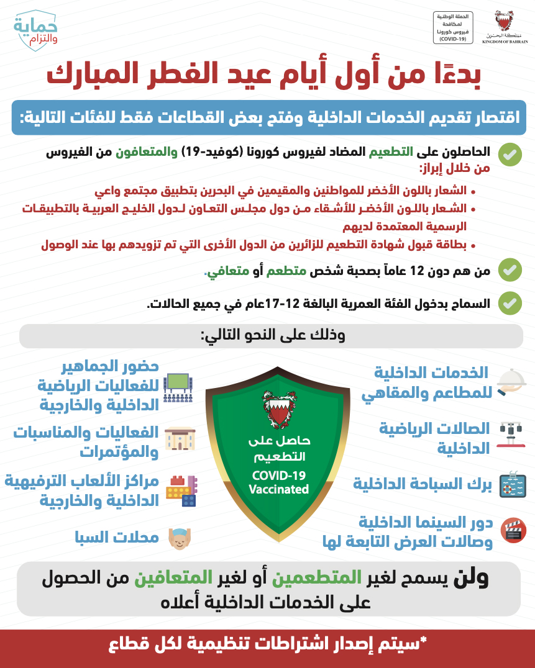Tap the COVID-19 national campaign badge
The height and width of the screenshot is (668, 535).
tap(453, 27)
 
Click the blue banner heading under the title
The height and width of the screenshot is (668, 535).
tap(269, 117)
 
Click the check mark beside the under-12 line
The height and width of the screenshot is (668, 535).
tap(510, 271)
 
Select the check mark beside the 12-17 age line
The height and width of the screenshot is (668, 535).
tap(510, 304)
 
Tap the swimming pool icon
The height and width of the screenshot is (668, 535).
tap(513, 483)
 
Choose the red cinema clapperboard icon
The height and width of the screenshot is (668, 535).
tap(513, 530)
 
